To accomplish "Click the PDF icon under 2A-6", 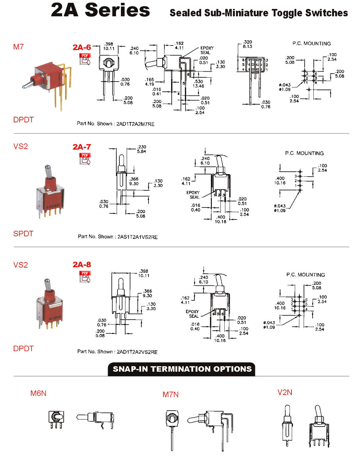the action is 85,59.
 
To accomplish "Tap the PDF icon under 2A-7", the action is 85,158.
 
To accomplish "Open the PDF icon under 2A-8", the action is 85,276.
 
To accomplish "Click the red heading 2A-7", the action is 82,147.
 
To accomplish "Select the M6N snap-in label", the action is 38,393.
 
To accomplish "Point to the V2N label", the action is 285,392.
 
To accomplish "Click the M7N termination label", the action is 171,394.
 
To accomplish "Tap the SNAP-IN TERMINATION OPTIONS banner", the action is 182,369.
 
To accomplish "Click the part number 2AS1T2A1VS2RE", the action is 138,237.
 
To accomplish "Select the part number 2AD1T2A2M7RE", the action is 135,124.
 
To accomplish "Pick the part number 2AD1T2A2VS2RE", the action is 137,352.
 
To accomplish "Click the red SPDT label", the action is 23,234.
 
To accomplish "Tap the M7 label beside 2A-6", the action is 18,47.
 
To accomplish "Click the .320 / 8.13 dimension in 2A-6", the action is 247,44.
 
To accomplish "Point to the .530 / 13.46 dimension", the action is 198,84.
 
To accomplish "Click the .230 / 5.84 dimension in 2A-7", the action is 141,149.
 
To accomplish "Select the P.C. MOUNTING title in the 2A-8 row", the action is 305,275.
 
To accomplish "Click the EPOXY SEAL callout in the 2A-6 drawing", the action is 207,50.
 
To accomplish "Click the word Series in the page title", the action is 117,10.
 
